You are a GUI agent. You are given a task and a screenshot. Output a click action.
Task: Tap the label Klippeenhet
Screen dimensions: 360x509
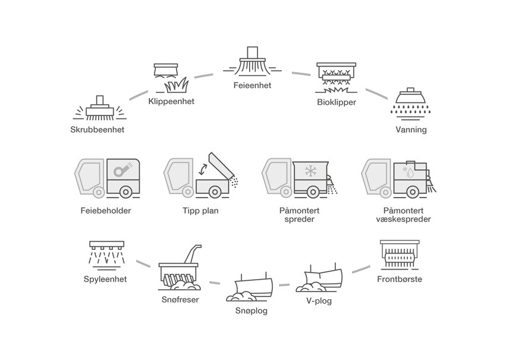click(171, 101)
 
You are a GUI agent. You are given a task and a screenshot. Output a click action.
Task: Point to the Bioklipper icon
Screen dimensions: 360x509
click(336, 78)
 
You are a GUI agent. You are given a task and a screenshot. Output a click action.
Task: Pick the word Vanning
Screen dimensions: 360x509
click(411, 129)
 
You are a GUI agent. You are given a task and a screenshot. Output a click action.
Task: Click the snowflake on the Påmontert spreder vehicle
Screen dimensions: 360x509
click(309, 172)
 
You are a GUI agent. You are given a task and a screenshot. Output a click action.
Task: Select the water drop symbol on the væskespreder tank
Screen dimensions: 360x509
click(410, 174)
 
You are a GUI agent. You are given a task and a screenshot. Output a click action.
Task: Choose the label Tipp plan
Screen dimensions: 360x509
click(200, 210)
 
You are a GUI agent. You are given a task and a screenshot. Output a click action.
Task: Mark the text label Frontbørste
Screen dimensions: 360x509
click(400, 279)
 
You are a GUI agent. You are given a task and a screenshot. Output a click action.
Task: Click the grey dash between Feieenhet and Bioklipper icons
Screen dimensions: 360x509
click(302, 74)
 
